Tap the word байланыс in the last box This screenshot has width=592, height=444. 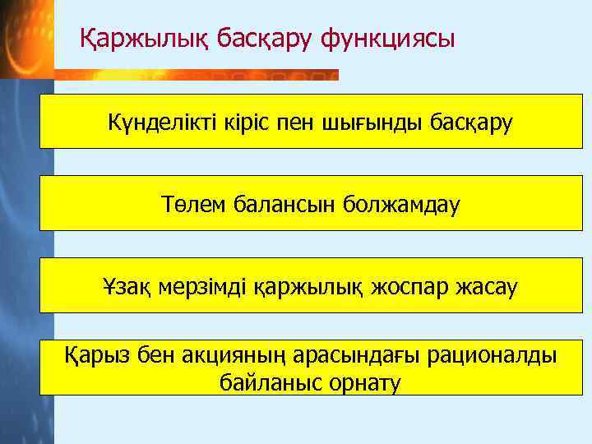tap(267, 382)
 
